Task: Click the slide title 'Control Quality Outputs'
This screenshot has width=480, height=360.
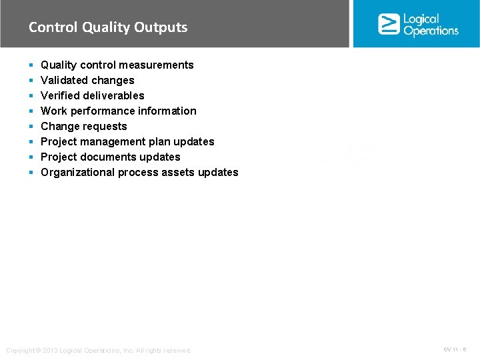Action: coord(108,27)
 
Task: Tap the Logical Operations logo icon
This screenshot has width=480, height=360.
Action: coord(389,24)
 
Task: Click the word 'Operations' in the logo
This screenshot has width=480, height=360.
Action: coord(431,31)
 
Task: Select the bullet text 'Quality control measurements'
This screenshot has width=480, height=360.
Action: coord(117,65)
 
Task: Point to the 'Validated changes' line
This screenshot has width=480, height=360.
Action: coord(87,80)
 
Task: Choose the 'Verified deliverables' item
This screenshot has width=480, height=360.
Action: coord(92,95)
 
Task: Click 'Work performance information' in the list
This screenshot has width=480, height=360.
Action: coord(119,111)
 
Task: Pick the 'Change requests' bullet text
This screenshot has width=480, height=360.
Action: coord(84,126)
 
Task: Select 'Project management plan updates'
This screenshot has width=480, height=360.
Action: coord(127,141)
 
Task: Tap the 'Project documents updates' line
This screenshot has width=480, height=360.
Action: coord(111,157)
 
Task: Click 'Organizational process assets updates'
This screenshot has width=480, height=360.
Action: coord(139,172)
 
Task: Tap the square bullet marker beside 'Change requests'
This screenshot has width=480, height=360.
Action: coord(31,127)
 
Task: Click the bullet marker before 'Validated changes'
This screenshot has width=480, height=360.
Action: coord(31,81)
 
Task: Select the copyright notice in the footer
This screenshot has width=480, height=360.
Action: coord(99,350)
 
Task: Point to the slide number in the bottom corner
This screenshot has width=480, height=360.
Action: coord(455,349)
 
